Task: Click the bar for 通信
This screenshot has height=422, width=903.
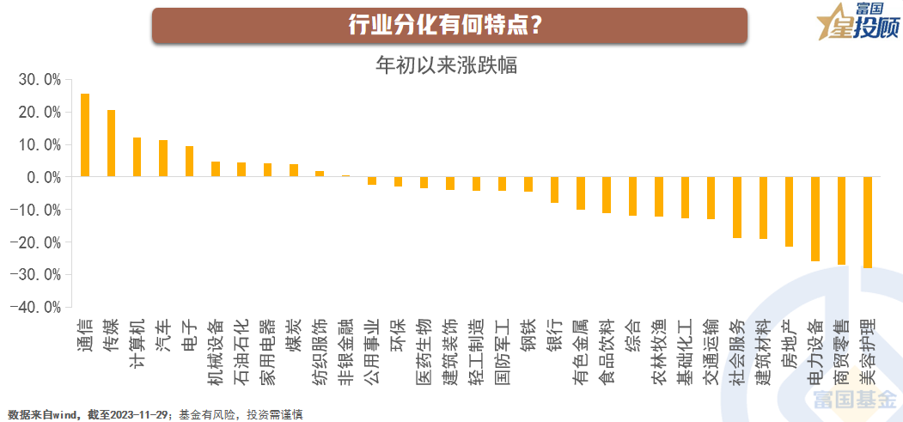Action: tap(85, 135)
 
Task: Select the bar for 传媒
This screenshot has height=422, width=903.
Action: tap(111, 143)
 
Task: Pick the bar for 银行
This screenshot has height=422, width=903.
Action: tap(554, 189)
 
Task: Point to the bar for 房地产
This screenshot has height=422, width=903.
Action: tap(789, 211)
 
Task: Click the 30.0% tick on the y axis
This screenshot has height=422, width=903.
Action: tap(40, 80)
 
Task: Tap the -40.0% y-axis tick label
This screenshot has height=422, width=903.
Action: tap(38, 307)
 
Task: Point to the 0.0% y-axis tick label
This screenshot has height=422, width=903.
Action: tap(42, 177)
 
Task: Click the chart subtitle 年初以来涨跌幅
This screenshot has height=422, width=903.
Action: tap(447, 64)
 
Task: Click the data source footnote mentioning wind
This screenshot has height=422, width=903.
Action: tap(155, 414)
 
